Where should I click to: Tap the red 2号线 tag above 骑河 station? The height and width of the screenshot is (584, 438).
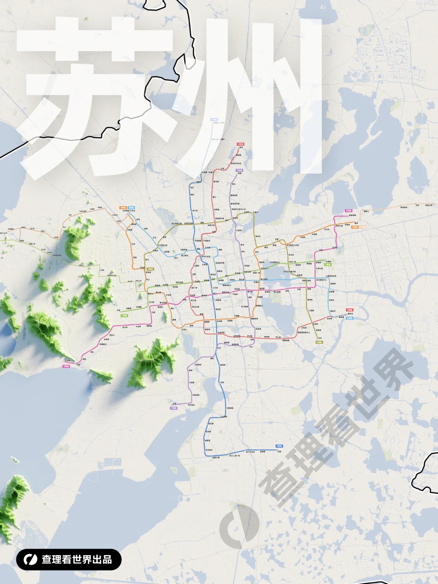(240, 144)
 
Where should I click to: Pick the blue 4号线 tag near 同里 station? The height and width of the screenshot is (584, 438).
(279, 446)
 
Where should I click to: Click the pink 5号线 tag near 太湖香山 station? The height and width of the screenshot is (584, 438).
(66, 366)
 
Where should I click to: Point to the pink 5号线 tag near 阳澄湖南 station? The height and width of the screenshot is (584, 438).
(348, 211)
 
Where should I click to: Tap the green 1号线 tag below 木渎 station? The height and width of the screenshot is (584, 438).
(124, 316)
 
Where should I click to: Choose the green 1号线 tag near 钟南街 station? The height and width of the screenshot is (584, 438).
(328, 265)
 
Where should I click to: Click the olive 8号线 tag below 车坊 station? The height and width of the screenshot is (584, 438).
(319, 342)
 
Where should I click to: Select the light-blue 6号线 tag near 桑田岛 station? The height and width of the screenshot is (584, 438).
(349, 318)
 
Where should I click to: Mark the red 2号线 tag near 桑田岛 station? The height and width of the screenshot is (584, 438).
(349, 310)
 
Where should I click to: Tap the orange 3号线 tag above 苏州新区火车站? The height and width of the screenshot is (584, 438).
(122, 208)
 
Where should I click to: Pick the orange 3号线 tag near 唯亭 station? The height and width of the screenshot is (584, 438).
(354, 227)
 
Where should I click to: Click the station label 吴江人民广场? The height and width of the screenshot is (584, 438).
(235, 456)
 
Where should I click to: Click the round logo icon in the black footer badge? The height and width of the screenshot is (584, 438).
(30, 560)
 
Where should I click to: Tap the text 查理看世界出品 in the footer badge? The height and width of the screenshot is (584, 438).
(77, 560)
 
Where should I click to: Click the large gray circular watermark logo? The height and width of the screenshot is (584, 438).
(239, 527)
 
